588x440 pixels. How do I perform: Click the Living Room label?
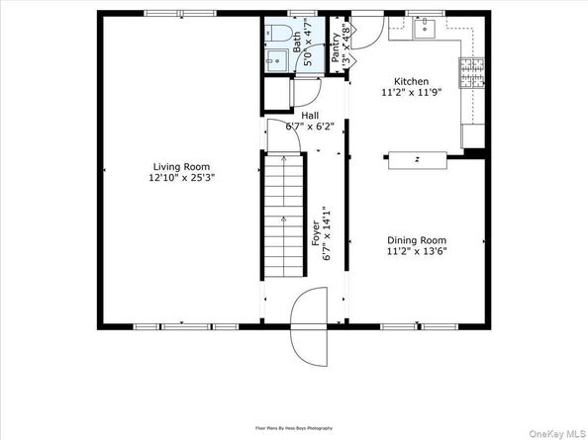pos(181,167)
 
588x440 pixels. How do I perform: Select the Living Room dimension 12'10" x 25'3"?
pos(181,179)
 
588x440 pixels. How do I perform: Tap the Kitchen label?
pos(411,82)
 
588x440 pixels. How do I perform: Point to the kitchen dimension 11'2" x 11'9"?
pos(411,93)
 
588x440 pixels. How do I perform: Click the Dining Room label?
pos(416,240)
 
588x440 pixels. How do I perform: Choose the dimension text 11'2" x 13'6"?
pos(416,252)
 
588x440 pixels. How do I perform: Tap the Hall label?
pos(310,115)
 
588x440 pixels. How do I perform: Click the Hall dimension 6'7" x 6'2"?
pos(310,127)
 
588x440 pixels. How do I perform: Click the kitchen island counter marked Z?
pos(421,157)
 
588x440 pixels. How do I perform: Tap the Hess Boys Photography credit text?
pos(294,428)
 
